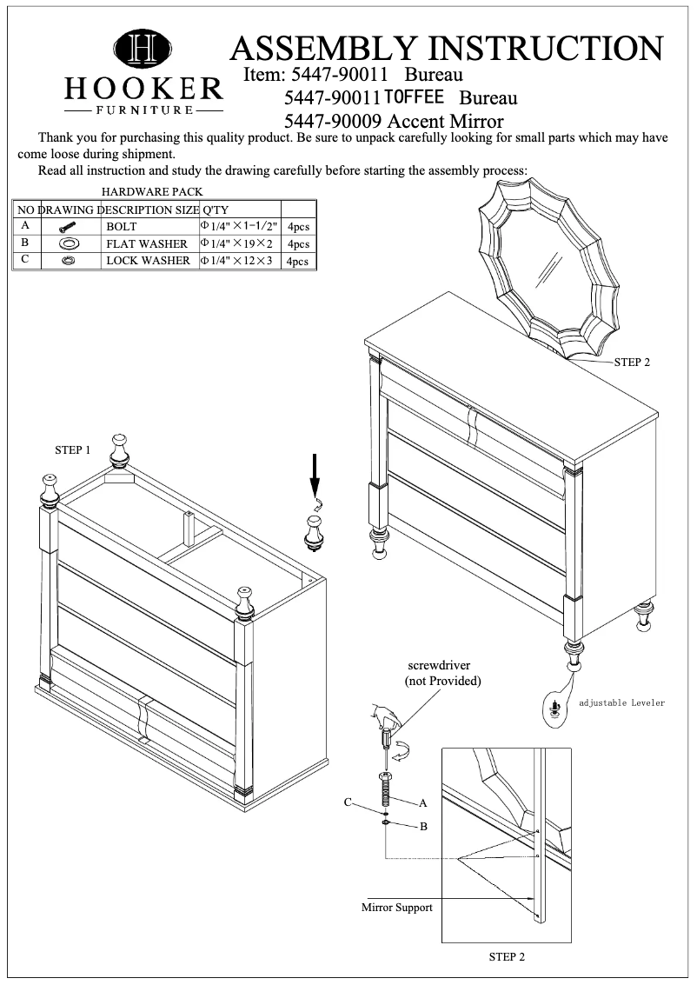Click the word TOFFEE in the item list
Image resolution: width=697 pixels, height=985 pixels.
[x=415, y=96]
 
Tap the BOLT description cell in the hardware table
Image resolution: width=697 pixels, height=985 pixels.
[x=122, y=226]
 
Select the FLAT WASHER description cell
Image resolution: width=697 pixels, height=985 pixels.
[x=147, y=243]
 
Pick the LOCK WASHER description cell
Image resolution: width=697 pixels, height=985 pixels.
[x=148, y=260]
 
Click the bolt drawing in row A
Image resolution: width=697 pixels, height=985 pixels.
[x=70, y=227]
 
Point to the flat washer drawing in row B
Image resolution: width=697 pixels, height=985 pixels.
[x=70, y=243]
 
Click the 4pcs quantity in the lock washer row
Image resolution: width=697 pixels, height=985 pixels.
[x=298, y=261]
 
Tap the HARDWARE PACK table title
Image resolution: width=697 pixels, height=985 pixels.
[x=152, y=191]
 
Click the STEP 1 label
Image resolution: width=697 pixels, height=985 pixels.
[x=73, y=449]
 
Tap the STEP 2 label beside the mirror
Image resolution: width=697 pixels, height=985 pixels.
[x=632, y=362]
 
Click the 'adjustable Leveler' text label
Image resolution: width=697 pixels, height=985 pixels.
[x=621, y=702]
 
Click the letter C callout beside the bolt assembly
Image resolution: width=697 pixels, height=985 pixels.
[x=347, y=802]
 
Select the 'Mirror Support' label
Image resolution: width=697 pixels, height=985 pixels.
[x=396, y=908]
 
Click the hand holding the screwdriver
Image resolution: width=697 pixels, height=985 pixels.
[x=383, y=717]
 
